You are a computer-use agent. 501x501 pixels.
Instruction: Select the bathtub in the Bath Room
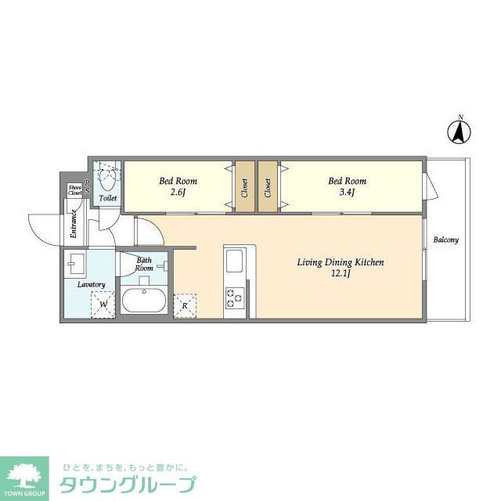[143, 301]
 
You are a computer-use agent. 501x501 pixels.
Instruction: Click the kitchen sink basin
[235, 260]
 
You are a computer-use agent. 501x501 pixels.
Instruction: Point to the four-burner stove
[235, 297]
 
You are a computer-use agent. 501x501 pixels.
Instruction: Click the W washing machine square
[102, 301]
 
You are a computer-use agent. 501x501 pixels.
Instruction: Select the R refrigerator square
[185, 305]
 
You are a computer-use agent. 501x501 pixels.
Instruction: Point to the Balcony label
[446, 240]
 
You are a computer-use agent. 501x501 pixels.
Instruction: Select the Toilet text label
[108, 199]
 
